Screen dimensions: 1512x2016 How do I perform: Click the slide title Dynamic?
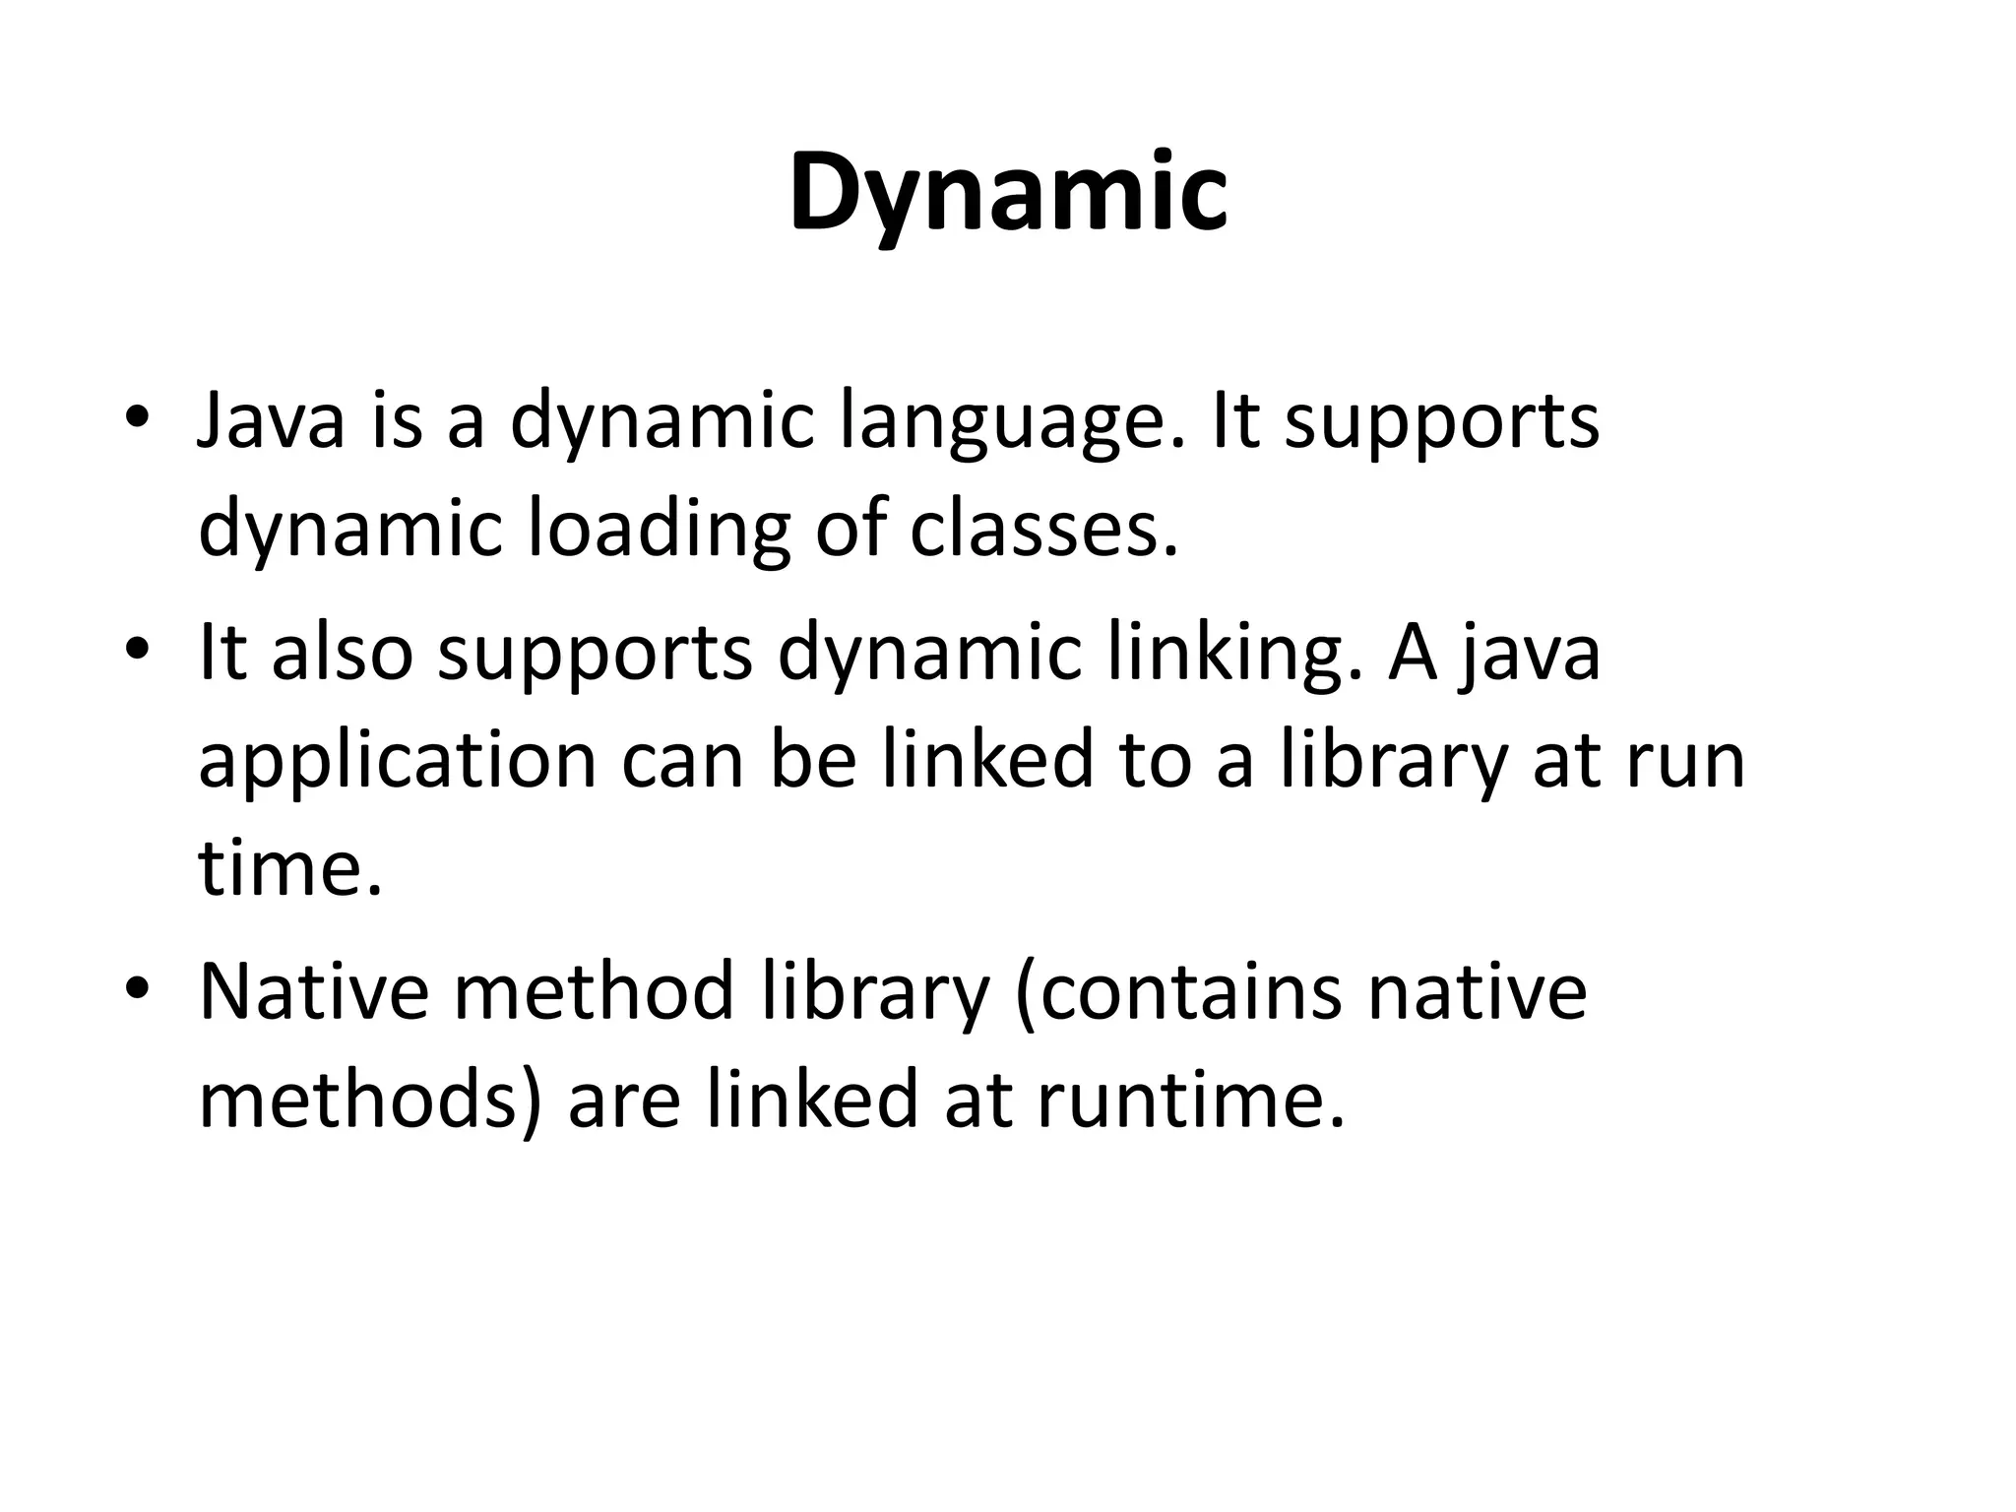pos(1008,194)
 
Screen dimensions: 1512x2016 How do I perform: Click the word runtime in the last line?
pos(1190,1100)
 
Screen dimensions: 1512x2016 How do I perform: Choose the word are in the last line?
pos(624,1101)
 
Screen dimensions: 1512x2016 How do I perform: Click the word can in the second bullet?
pos(682,762)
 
